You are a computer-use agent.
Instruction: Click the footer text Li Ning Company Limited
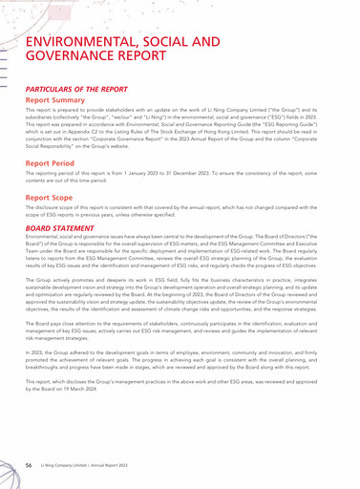[73, 463]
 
